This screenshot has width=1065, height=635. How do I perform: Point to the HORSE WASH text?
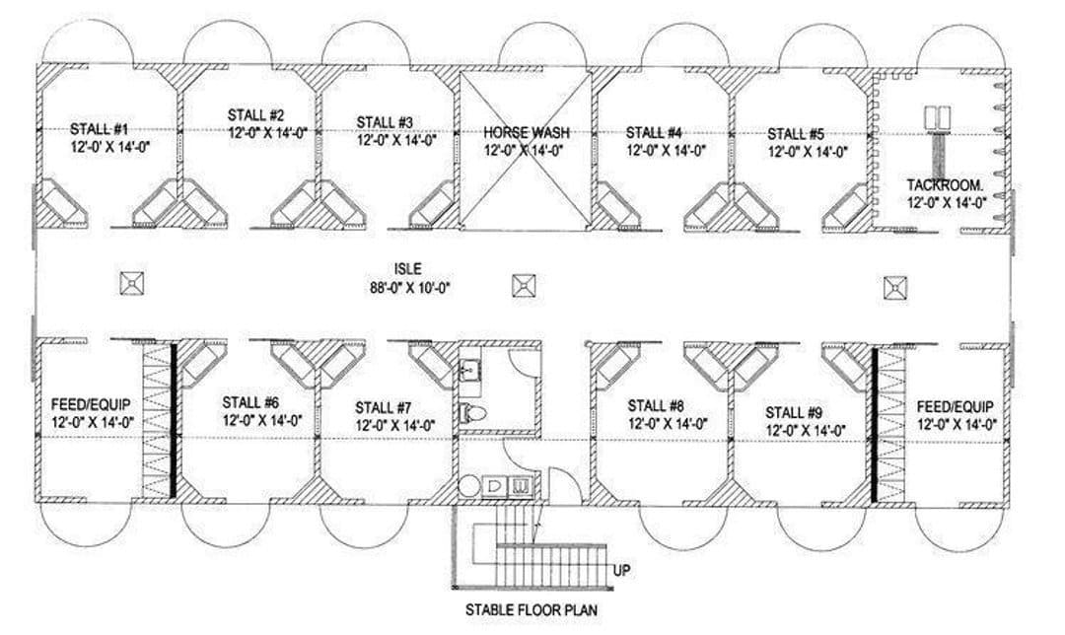click(527, 132)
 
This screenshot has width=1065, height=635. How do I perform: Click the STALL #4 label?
click(654, 132)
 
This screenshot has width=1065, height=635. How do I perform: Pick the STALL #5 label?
click(796, 133)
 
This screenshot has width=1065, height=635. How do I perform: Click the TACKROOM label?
click(945, 184)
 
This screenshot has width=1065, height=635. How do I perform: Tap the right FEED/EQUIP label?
click(955, 406)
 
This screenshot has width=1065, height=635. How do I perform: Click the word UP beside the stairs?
click(622, 570)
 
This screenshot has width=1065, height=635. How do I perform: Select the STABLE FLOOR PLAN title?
click(532, 609)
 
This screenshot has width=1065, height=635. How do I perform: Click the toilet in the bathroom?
click(472, 413)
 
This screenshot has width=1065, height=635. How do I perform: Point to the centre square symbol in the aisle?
click(524, 286)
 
